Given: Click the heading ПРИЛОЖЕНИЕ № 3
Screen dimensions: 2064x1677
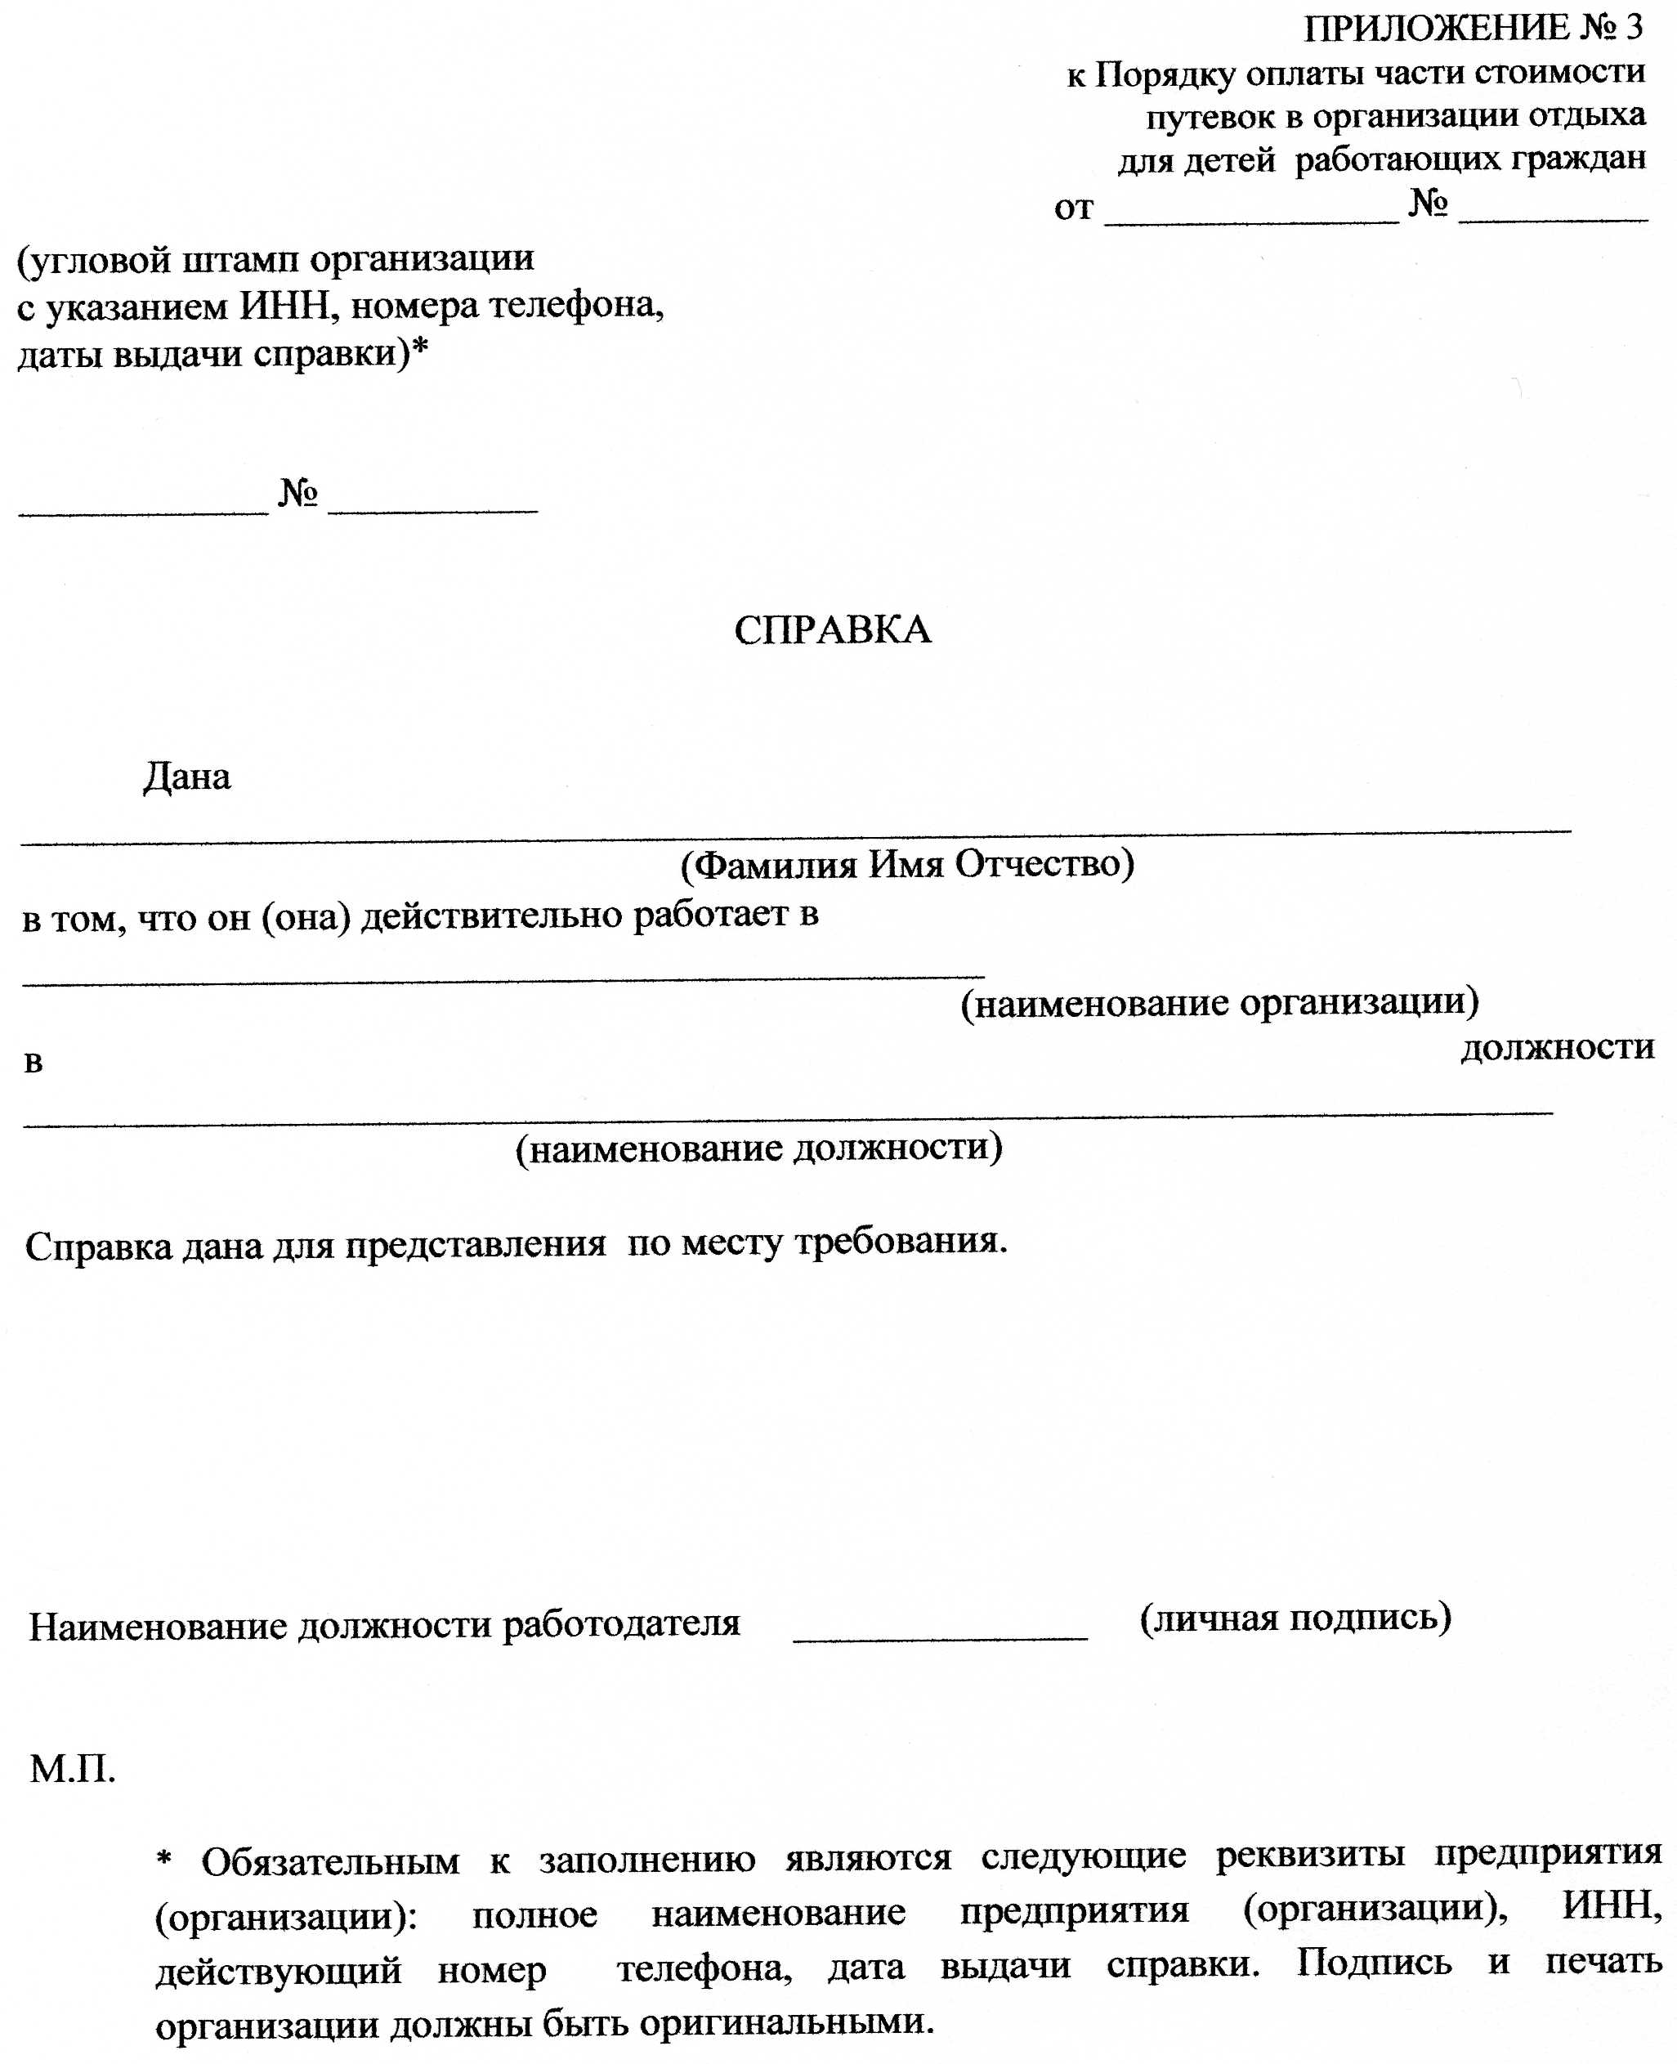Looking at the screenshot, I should pyautogui.click(x=1472, y=29).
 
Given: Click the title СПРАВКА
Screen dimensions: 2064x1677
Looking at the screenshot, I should pyautogui.click(x=833, y=630).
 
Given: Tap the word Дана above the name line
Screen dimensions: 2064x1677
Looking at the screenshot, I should pyautogui.click(x=187, y=777).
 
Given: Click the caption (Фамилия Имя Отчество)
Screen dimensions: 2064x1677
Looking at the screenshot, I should pyautogui.click(x=907, y=864).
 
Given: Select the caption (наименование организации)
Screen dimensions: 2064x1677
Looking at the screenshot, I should pyautogui.click(x=1219, y=1003).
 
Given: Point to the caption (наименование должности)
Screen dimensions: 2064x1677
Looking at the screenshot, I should pyautogui.click(x=758, y=1148).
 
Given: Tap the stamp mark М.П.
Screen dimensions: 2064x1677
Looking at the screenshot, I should pyautogui.click(x=73, y=1769).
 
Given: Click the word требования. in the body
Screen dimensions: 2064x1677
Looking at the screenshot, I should pyautogui.click(x=901, y=1242).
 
